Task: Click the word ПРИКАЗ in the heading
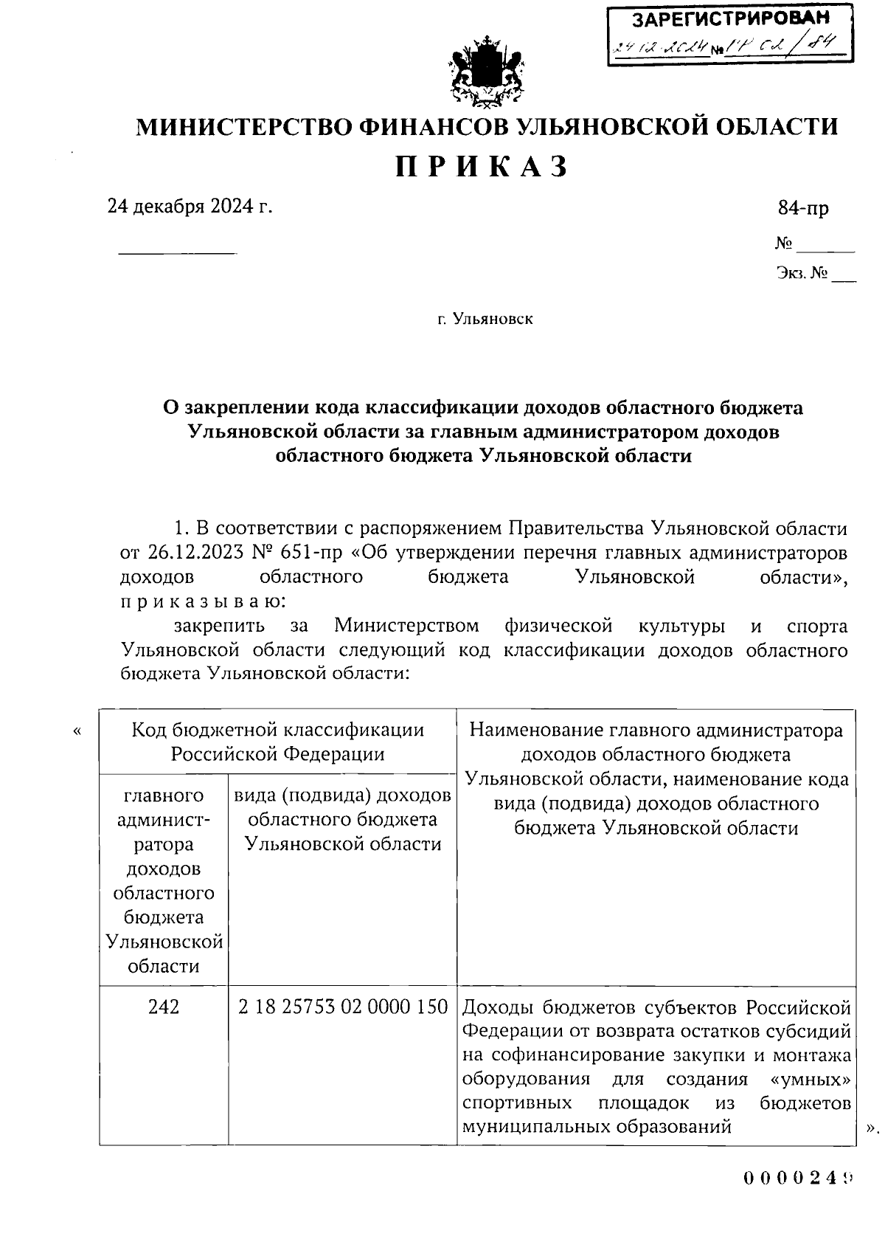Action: [x=483, y=167]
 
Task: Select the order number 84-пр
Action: [x=803, y=209]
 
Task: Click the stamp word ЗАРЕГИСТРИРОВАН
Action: [x=731, y=18]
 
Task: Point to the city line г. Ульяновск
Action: [x=485, y=319]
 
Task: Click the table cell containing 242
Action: [x=163, y=1007]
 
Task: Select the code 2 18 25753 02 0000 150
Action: [x=343, y=1007]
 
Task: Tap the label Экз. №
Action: [x=802, y=274]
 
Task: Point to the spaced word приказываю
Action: [x=199, y=601]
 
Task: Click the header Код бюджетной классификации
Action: [x=277, y=731]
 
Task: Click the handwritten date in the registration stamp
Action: [x=661, y=49]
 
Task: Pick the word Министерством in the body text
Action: [x=406, y=626]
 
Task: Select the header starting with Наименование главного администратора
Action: [x=656, y=731]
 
